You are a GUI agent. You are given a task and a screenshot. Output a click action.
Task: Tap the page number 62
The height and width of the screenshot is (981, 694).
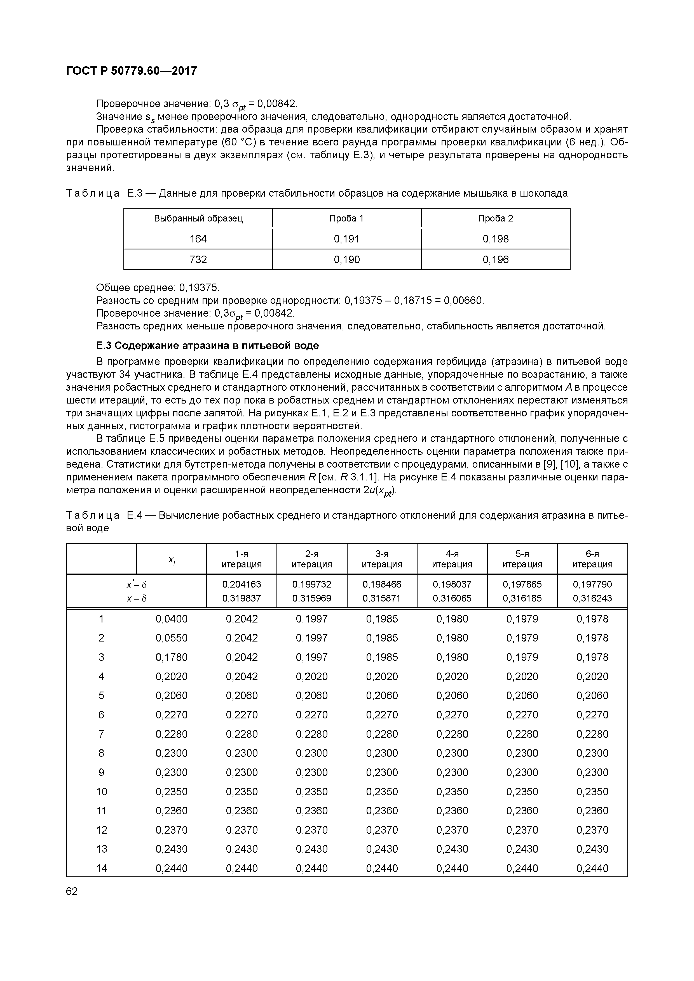(x=72, y=891)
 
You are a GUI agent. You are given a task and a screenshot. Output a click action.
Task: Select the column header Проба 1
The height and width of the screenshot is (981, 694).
(x=346, y=218)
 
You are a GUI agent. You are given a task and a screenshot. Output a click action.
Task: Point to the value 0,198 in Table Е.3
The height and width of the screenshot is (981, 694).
(x=496, y=239)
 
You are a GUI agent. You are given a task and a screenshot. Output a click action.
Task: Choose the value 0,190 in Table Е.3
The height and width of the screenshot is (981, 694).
(x=346, y=259)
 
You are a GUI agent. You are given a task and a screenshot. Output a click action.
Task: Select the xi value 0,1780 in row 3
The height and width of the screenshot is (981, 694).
(x=172, y=657)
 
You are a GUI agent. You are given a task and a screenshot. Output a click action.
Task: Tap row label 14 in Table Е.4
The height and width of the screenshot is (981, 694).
(x=101, y=868)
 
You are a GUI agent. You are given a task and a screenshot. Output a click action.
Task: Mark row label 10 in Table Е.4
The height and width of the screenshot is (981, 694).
(x=101, y=792)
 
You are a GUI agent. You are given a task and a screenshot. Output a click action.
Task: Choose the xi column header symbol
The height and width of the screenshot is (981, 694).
(x=172, y=559)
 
